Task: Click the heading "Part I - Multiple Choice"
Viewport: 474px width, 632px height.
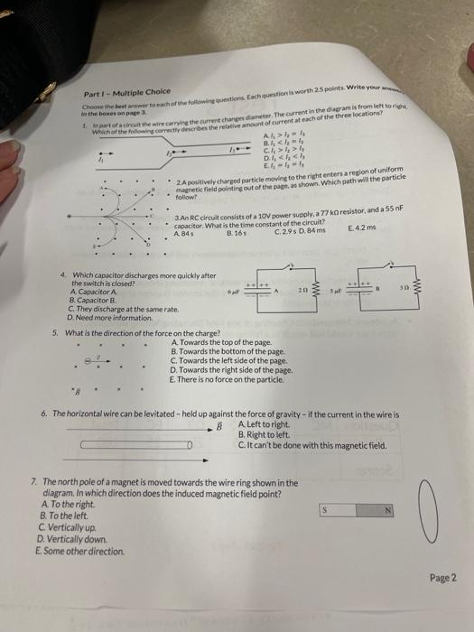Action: (x=120, y=92)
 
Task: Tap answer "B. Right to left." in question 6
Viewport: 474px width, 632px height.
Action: (x=263, y=434)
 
